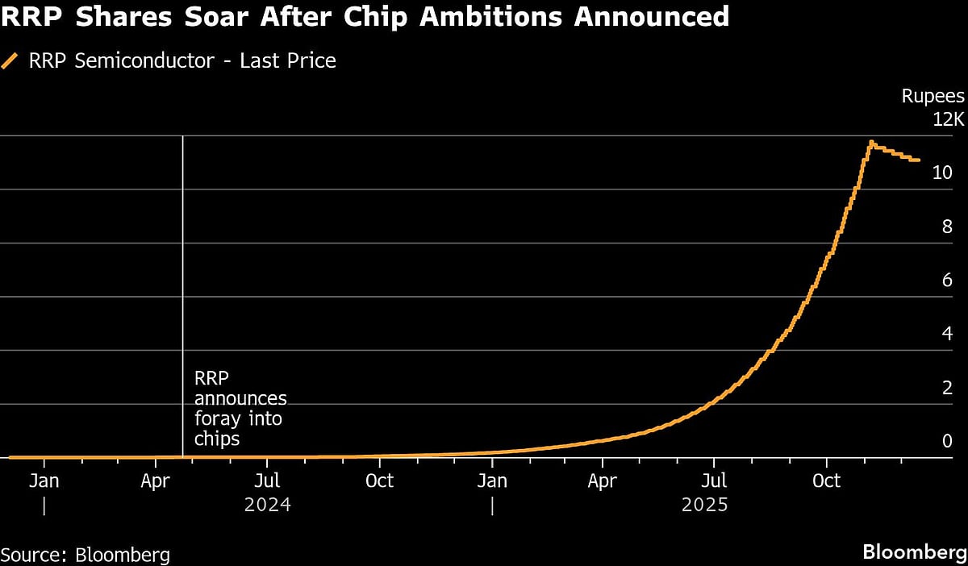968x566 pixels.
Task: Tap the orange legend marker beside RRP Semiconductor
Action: [x=10, y=60]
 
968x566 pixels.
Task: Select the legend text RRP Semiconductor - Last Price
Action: [x=182, y=60]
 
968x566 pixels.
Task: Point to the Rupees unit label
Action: [x=933, y=97]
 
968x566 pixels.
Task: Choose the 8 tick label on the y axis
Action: [x=948, y=227]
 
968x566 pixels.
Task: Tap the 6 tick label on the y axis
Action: [x=948, y=280]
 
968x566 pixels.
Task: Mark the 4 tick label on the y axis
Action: [x=948, y=334]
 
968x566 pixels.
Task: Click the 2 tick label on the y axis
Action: [x=948, y=387]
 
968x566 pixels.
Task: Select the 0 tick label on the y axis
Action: [x=948, y=441]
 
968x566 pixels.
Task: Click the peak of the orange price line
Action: [x=871, y=143]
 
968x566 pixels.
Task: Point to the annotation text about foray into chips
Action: [x=240, y=408]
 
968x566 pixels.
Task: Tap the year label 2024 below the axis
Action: [x=267, y=506]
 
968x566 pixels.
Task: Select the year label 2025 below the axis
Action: [x=704, y=506]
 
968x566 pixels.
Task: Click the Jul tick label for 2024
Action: [x=267, y=481]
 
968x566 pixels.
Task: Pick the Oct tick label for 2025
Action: [x=826, y=481]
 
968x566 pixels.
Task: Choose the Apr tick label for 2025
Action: [x=602, y=481]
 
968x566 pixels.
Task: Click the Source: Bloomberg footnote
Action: [x=86, y=555]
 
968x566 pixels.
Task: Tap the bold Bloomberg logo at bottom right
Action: [x=914, y=553]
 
